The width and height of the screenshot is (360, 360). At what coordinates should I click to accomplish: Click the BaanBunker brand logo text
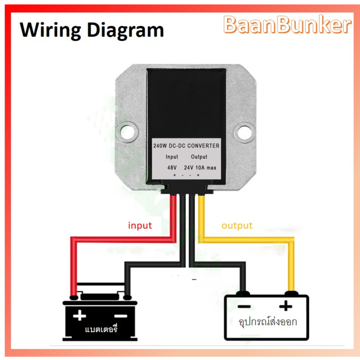pyautogui.click(x=287, y=25)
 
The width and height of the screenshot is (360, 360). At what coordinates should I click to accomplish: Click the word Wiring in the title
pyautogui.click(x=50, y=30)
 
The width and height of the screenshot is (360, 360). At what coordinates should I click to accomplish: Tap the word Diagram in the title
pyautogui.click(x=126, y=30)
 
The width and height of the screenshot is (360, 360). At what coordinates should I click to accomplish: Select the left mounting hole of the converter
pyautogui.click(x=127, y=132)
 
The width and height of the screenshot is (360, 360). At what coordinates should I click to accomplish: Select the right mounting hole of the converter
pyautogui.click(x=245, y=132)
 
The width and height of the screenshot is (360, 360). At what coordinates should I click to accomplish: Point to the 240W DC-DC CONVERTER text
pyautogui.click(x=186, y=146)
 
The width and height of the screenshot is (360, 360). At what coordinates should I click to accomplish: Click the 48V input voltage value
pyautogui.click(x=172, y=168)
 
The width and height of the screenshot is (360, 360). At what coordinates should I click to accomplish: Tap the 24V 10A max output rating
pyautogui.click(x=200, y=168)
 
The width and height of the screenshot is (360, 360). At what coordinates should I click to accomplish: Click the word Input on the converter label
pyautogui.click(x=172, y=157)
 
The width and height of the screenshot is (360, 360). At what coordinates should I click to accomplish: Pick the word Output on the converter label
pyautogui.click(x=199, y=157)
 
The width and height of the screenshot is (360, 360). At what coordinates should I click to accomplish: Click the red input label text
pyautogui.click(x=140, y=226)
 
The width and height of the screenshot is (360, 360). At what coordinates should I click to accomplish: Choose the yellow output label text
pyautogui.click(x=237, y=226)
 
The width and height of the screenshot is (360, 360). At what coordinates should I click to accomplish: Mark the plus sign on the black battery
pyautogui.click(x=80, y=315)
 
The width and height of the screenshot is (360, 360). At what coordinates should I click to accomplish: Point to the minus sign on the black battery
pyautogui.click(x=121, y=316)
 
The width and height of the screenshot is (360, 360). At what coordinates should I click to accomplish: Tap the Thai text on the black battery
pyautogui.click(x=101, y=329)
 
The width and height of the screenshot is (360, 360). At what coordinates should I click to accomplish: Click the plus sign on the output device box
pyautogui.click(x=286, y=306)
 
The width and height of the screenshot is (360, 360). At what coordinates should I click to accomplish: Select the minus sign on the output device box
pyautogui.click(x=244, y=306)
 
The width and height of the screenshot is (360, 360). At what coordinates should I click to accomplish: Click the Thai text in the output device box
pyautogui.click(x=268, y=322)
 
